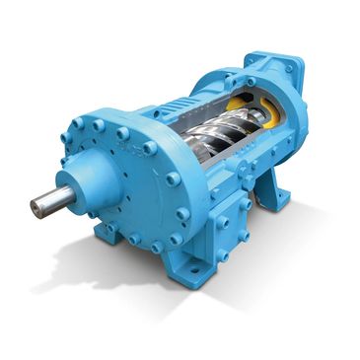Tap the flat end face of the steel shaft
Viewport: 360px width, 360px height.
pyautogui.click(x=36, y=206)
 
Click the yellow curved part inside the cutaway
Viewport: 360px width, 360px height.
pyautogui.click(x=241, y=105)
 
